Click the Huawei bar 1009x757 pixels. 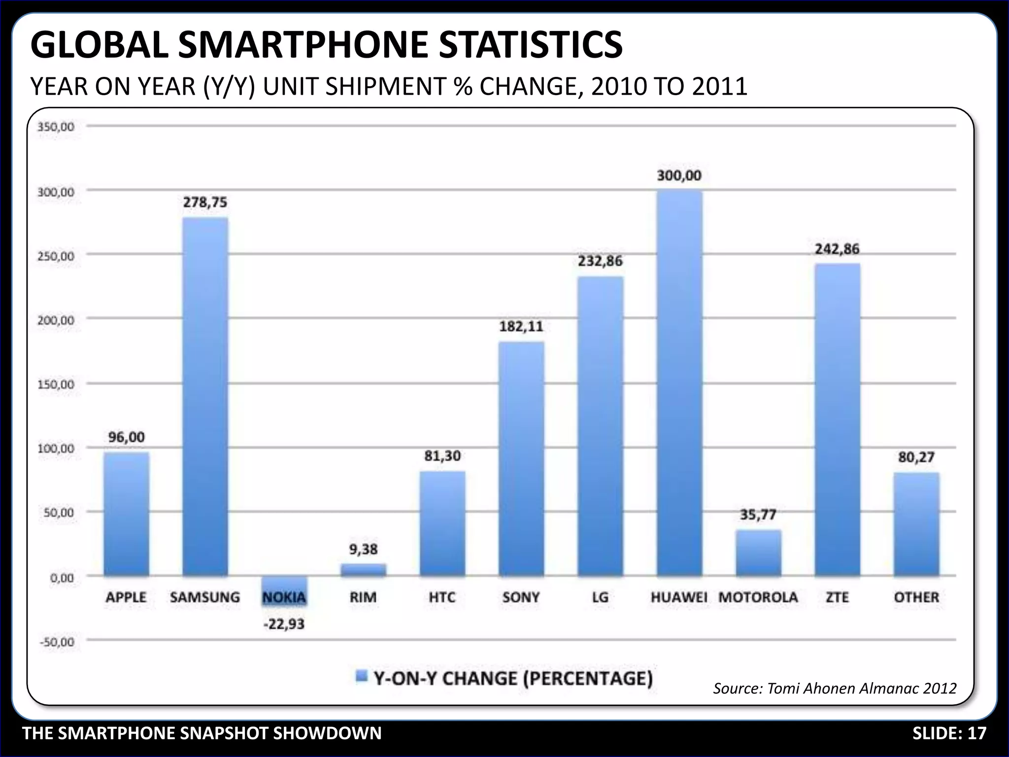pos(679,383)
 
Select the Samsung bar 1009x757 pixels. pos(205,397)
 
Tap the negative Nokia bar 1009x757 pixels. pos(284,585)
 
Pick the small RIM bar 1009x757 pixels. pos(364,570)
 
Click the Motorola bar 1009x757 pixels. pos(758,553)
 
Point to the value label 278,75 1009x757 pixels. pos(205,203)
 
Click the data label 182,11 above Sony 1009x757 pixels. pos(521,326)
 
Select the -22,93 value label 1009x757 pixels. pos(284,624)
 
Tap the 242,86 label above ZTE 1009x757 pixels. pos(837,249)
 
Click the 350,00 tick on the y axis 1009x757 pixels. pos(56,127)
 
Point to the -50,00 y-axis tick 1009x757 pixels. pos(56,642)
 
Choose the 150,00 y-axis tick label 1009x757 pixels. pos(56,384)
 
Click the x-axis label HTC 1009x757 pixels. pos(442,597)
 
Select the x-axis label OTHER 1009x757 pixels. pos(916,597)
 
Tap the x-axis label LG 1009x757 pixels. pos(600,597)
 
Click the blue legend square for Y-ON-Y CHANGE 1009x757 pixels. pos(362,677)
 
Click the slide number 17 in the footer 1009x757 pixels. pos(977,733)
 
